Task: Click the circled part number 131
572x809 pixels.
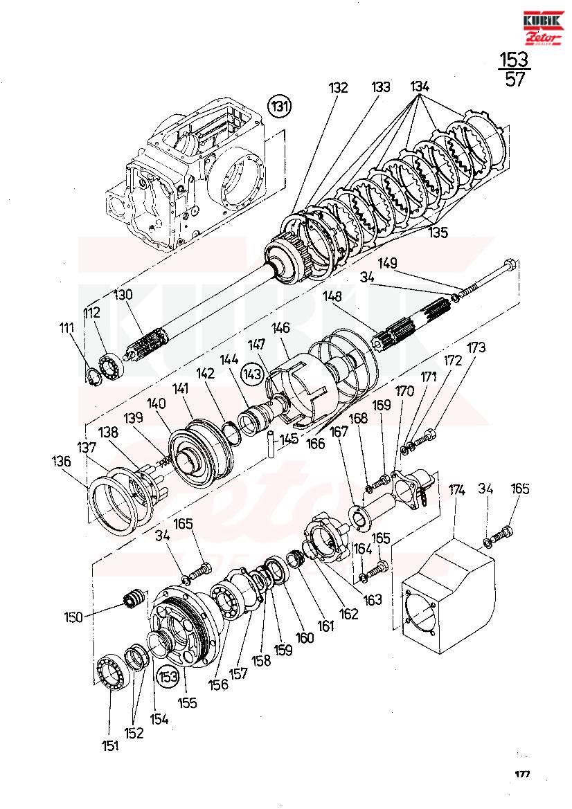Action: pyautogui.click(x=280, y=107)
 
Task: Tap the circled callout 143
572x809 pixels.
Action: pyautogui.click(x=253, y=373)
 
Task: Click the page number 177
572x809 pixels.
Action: pyautogui.click(x=522, y=774)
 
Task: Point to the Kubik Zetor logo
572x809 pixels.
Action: pyautogui.click(x=542, y=28)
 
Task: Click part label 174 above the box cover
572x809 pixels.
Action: pyautogui.click(x=456, y=490)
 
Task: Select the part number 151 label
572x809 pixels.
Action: pyautogui.click(x=110, y=745)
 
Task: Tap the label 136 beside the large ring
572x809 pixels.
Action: pyautogui.click(x=62, y=461)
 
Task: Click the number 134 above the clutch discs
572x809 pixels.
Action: pyautogui.click(x=420, y=87)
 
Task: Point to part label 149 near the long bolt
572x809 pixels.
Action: pyautogui.click(x=387, y=263)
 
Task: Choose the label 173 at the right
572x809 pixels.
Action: pyautogui.click(x=476, y=347)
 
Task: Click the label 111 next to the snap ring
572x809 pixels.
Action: pyautogui.click(x=67, y=327)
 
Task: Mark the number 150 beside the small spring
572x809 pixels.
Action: pyautogui.click(x=73, y=617)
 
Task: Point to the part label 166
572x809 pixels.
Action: pyautogui.click(x=315, y=443)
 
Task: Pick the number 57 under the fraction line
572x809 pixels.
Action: pyautogui.click(x=515, y=80)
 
